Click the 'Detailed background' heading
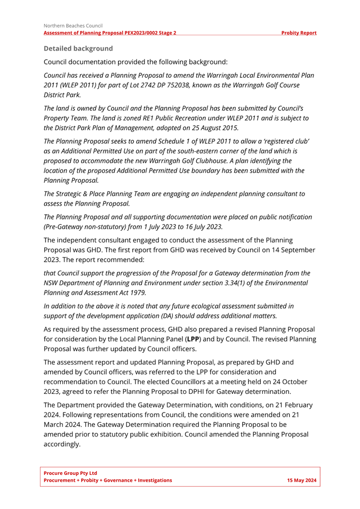pos(78,49)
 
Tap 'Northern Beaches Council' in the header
pos(73,25)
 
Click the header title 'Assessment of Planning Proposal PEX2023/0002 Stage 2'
pos(110,33)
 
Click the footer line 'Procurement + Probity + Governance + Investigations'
pos(108,480)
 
